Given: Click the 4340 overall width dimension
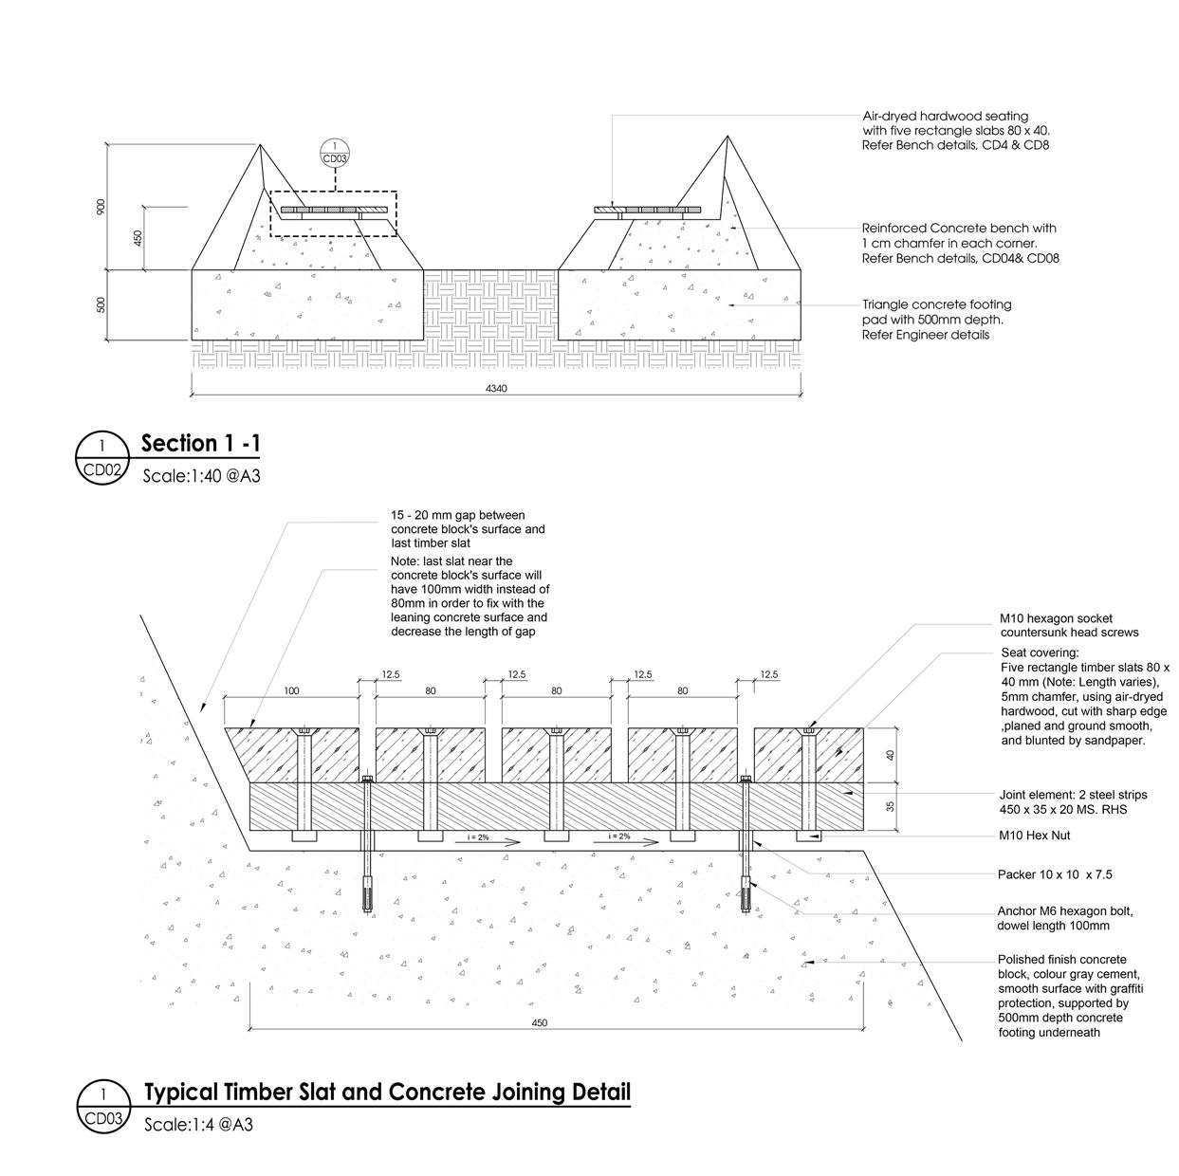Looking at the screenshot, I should pos(496,387).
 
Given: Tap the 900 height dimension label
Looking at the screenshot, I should pos(101,207).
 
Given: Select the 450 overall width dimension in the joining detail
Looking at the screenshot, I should pos(539,1022).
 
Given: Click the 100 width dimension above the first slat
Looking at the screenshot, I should pos(291,690).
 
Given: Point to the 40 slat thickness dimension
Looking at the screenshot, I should pos(890,755).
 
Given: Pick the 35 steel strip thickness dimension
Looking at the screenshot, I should pos(890,807).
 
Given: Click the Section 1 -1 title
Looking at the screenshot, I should pos(200,444).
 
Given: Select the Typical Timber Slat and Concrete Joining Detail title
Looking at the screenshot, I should pos(387,1092).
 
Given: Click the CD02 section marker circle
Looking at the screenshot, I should pos(101,458).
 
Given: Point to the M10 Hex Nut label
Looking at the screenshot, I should pos(1035,836).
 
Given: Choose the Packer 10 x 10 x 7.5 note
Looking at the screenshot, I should pos(1054,874).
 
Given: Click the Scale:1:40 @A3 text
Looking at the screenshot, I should pos(201,475).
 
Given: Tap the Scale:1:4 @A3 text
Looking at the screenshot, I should pos(198,1125).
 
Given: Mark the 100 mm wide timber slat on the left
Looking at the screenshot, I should pos(285,755).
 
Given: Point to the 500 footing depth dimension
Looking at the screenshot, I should pos(101,304).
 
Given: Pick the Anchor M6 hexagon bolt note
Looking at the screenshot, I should pos(1064,918).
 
